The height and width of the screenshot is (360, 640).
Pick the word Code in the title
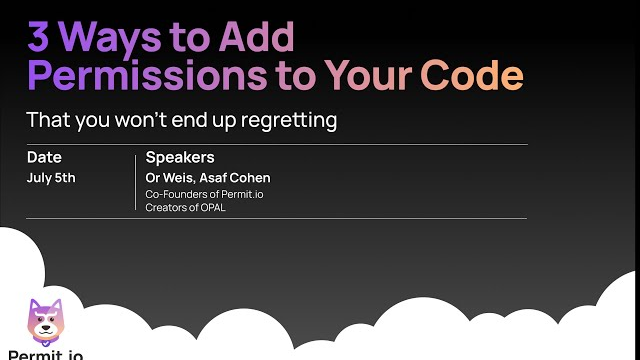click(472, 76)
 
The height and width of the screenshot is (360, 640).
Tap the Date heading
click(44, 157)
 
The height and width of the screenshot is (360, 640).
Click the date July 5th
click(51, 178)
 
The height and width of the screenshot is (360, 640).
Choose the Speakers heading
click(180, 157)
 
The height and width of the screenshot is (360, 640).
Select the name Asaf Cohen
click(239, 178)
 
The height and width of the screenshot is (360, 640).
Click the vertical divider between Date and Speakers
click(135, 182)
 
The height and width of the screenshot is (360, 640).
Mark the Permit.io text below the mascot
click(45, 353)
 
